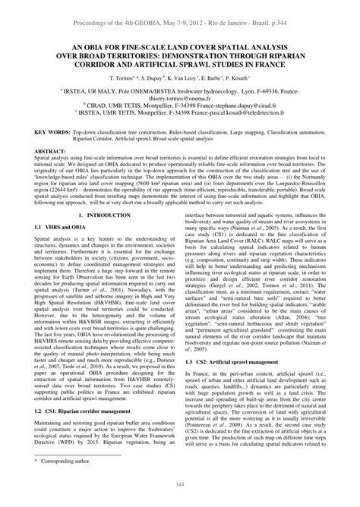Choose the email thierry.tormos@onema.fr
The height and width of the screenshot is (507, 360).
click(x=180, y=106)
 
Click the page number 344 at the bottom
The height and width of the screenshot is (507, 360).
click(x=180, y=497)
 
